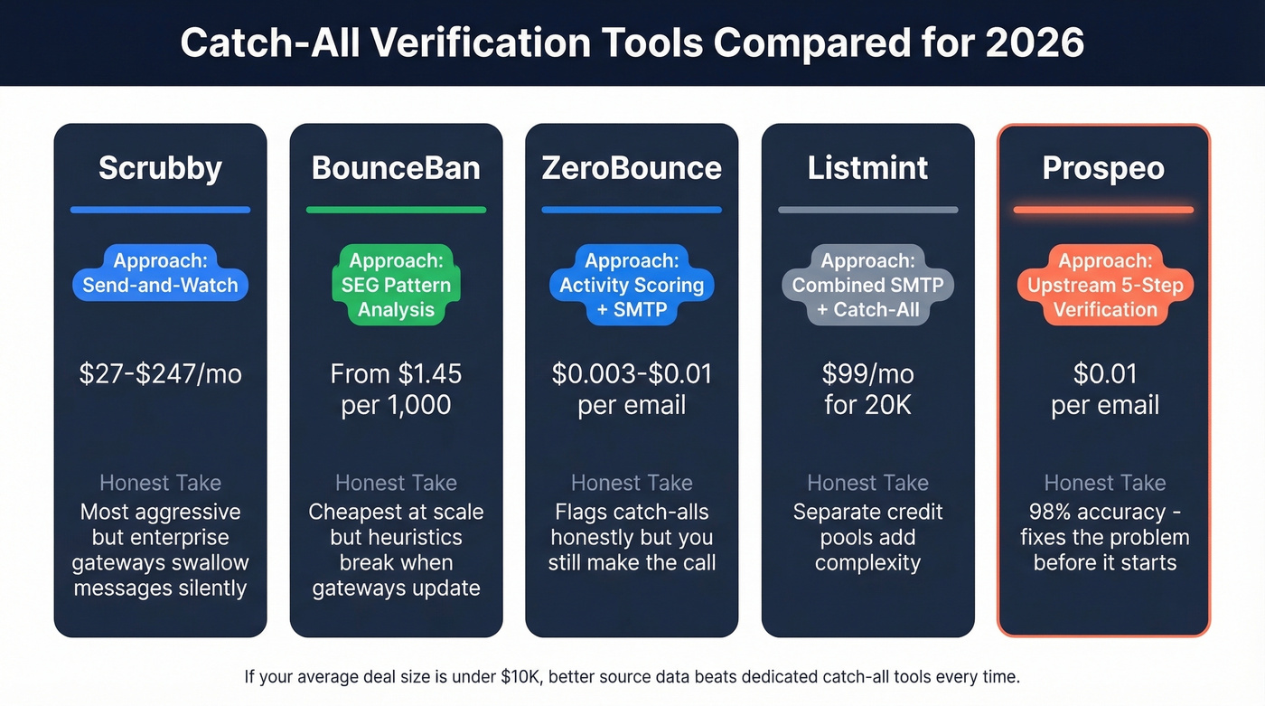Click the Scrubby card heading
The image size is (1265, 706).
coord(160,168)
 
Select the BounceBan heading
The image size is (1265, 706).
coord(396,168)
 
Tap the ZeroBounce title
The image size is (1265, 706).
coord(632,168)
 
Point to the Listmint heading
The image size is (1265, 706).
coord(867,168)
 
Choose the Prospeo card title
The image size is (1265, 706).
coord(1104,168)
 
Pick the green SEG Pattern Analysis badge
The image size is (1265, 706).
coord(396,286)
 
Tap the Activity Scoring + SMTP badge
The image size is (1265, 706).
coord(632,286)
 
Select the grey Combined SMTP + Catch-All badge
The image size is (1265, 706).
coord(867,286)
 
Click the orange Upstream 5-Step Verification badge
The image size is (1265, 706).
coord(1104,286)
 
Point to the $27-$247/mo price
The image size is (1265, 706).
coord(160,374)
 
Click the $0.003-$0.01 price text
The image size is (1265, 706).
coord(632,374)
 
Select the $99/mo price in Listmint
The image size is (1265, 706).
coord(867,374)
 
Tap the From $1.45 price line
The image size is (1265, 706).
coord(396,374)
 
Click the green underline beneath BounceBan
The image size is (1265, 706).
coord(396,210)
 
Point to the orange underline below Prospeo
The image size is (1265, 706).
coord(1104,210)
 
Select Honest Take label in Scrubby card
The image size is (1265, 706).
coord(160,483)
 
